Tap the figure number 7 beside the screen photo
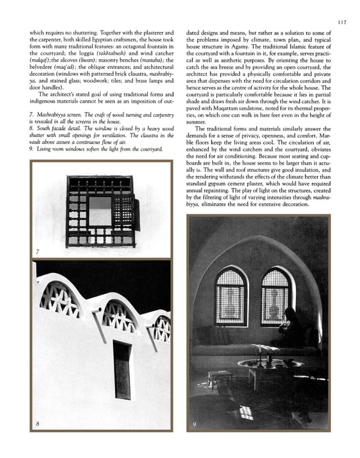point(37,252)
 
